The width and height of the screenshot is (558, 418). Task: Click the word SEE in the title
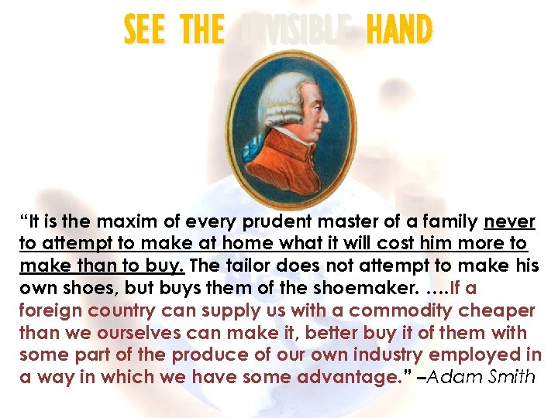(x=144, y=31)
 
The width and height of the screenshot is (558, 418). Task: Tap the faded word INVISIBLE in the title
(x=294, y=31)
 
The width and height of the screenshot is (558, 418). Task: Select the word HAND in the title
(x=398, y=31)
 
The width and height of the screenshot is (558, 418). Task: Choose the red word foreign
(x=50, y=311)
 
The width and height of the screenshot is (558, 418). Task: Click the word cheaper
(x=497, y=311)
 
